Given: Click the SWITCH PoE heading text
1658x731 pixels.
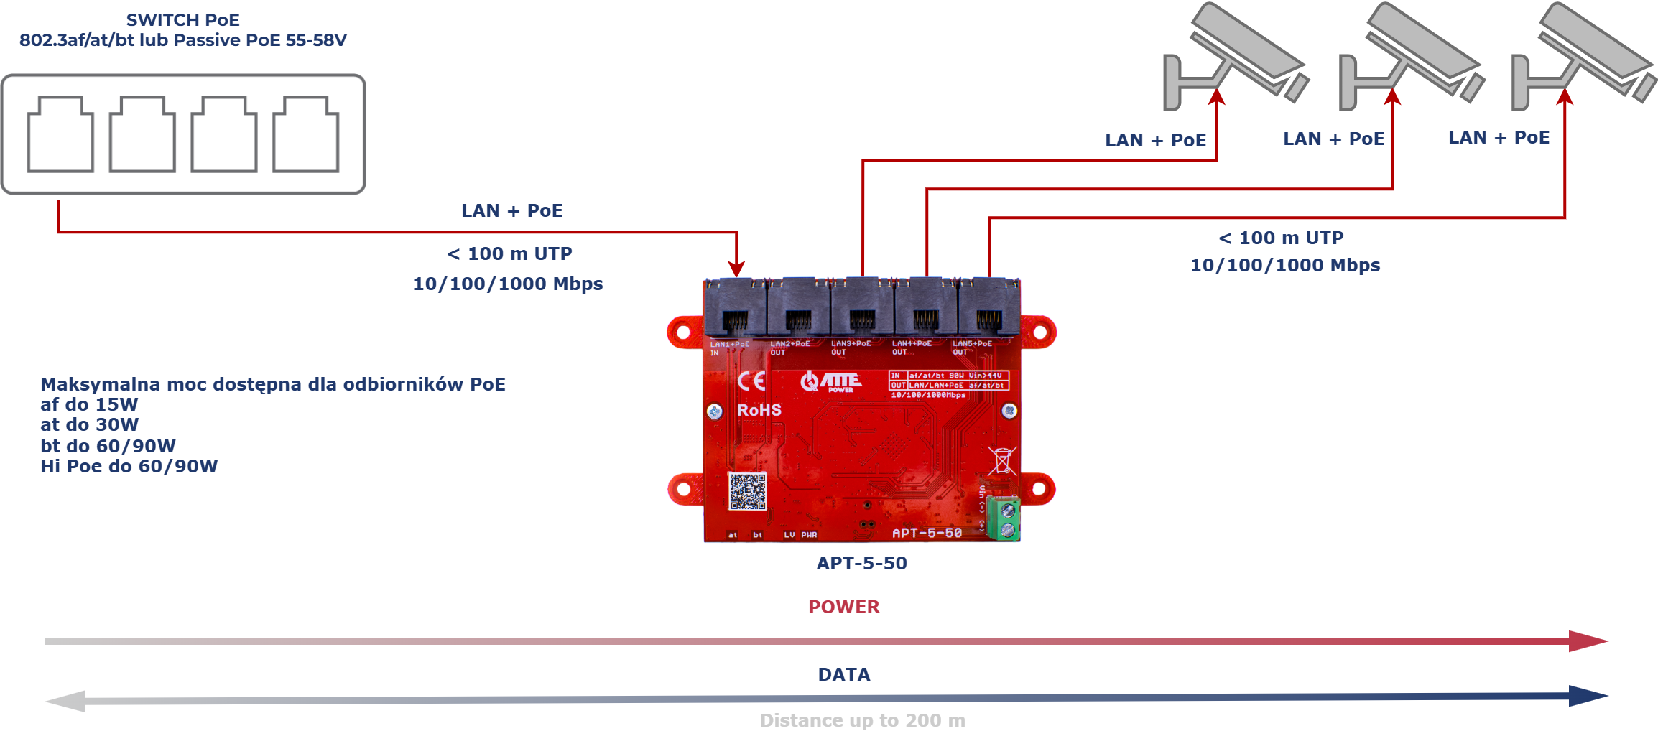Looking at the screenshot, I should tap(182, 20).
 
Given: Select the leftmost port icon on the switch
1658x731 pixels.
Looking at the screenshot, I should tap(60, 135).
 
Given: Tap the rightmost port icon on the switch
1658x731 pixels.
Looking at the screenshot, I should tap(306, 135).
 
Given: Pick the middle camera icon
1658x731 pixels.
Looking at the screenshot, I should tap(1410, 57).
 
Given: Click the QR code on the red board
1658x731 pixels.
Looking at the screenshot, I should tap(747, 491).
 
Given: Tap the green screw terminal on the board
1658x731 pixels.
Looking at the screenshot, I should tap(1004, 518).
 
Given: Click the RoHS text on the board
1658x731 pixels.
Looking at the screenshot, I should tap(759, 410).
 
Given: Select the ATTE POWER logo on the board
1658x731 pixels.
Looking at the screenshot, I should tap(832, 381).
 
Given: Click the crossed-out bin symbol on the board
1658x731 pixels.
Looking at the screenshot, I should tap(1001, 460).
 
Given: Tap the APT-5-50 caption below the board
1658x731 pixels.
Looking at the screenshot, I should tap(861, 563).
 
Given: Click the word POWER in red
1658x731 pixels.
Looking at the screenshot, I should tap(844, 607).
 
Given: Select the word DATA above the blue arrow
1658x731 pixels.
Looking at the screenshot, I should tap(844, 674).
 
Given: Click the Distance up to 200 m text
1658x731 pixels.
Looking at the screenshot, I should tap(862, 720).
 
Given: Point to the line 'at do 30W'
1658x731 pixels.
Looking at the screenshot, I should tap(90, 424).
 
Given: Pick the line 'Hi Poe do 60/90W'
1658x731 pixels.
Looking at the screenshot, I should tap(129, 466).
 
